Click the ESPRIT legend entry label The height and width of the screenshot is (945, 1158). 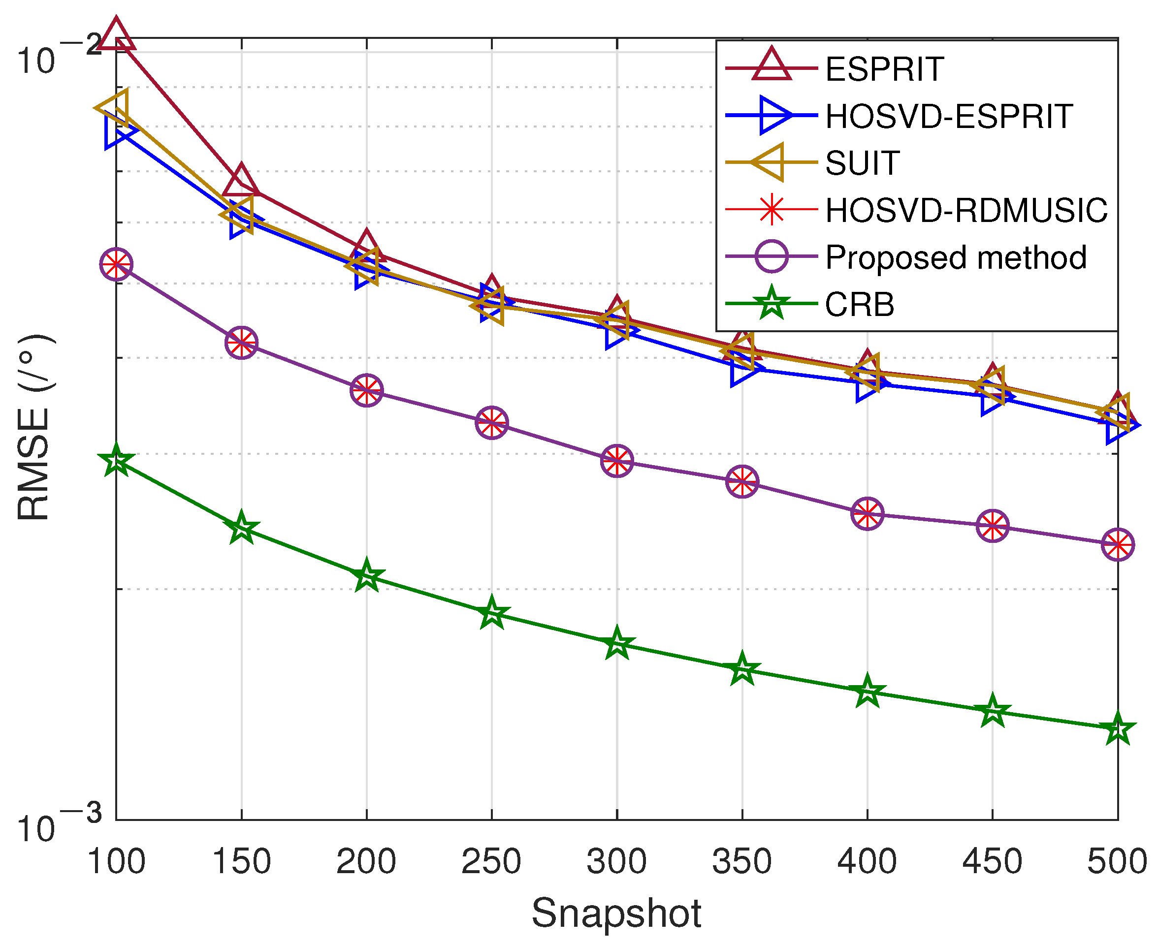click(884, 69)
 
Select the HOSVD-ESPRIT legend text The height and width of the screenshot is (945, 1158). click(948, 116)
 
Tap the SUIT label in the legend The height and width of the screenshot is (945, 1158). click(862, 163)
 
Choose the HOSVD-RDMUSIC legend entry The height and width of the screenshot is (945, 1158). click(966, 210)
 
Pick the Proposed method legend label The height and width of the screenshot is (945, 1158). click(956, 257)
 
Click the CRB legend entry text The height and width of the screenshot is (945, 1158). click(859, 304)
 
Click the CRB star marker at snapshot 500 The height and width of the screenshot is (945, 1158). click(1117, 729)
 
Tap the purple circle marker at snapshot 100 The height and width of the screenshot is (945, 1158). click(116, 264)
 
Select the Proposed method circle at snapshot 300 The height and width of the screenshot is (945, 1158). click(617, 461)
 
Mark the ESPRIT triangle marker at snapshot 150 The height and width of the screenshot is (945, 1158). click(241, 180)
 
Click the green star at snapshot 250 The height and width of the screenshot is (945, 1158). click(492, 613)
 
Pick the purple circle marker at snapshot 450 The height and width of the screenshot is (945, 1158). click(992, 526)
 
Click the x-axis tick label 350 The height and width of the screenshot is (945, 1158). click(741, 862)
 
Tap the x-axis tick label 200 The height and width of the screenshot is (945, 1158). click(366, 862)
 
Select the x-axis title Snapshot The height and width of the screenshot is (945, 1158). click(616, 913)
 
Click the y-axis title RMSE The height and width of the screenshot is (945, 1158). click(34, 428)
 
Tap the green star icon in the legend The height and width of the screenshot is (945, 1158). click(772, 304)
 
